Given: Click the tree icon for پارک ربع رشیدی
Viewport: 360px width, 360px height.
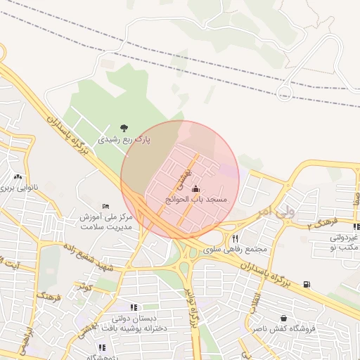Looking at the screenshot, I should (124, 128).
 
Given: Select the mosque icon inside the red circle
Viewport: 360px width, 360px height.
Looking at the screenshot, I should (195, 188).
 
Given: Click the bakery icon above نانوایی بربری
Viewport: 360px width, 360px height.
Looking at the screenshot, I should (18, 176).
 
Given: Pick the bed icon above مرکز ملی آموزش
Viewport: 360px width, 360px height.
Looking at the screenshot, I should (105, 205).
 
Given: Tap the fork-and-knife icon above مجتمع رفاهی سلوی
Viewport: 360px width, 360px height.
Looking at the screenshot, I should (235, 238).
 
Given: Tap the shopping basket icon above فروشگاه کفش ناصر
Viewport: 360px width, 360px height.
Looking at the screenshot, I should (283, 318).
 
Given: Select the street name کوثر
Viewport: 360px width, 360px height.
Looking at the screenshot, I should (86, 286).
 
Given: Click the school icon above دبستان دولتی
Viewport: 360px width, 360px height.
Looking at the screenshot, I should (134, 307).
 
